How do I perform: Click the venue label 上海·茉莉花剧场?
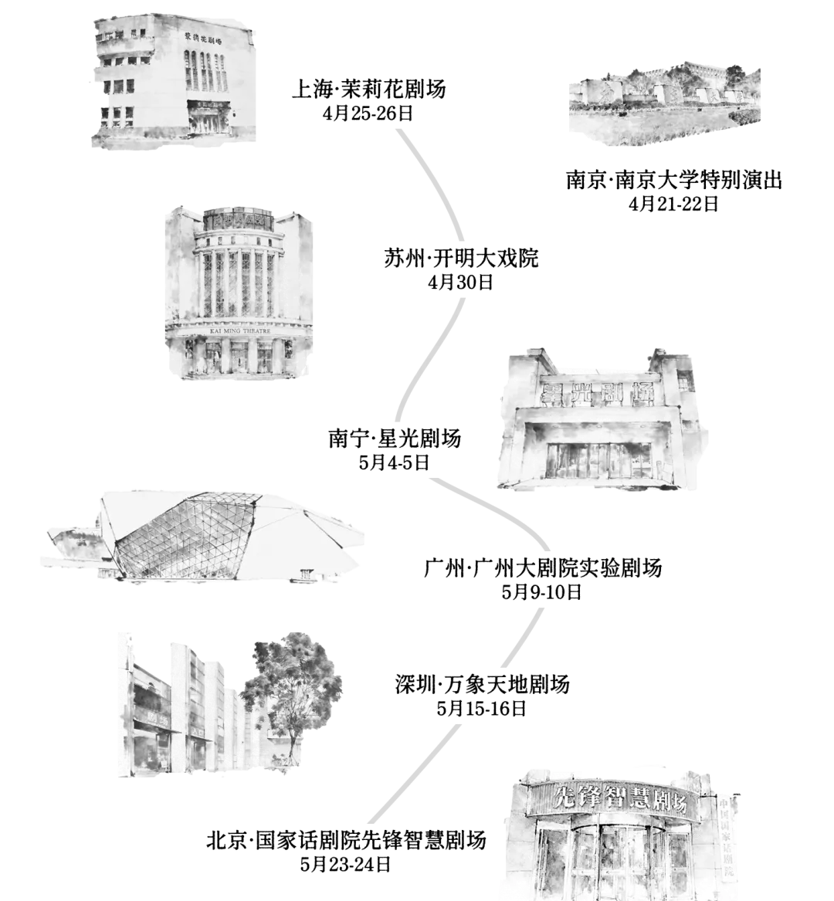point(368,89)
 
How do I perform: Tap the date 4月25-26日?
point(368,113)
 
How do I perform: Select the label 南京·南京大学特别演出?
point(673,180)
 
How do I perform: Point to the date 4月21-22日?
point(673,204)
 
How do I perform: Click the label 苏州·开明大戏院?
point(461,259)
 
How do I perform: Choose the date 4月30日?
point(460,282)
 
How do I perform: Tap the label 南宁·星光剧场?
point(395,439)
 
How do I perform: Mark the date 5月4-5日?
point(395,462)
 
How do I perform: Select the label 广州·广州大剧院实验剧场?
point(543,567)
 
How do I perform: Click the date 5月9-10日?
point(542,592)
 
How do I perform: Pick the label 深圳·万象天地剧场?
point(482,684)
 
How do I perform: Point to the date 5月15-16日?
point(482,709)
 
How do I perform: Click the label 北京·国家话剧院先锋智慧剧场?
point(346,840)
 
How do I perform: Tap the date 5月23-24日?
point(345,864)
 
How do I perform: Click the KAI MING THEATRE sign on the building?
point(239,331)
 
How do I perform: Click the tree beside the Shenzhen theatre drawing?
point(290,696)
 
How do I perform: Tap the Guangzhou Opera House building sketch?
point(202,535)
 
